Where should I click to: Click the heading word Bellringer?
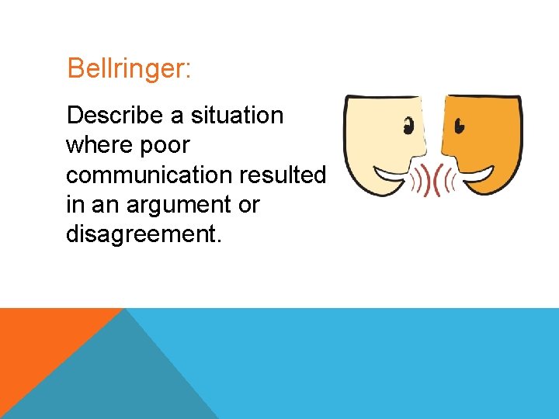pos(129,68)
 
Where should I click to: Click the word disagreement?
pos(144,234)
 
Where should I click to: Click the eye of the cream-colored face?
pos(408,124)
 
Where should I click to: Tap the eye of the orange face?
pos(460,124)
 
